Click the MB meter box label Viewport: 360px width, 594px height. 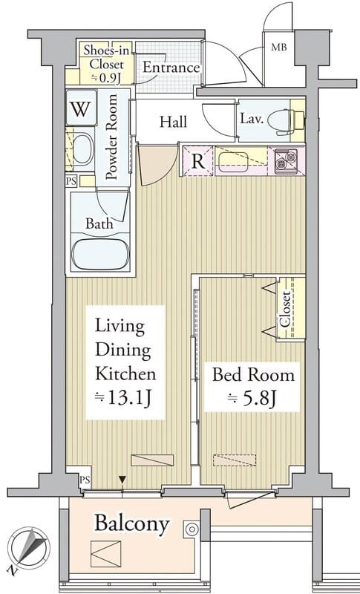(279, 48)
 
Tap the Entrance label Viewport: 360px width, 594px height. (171, 68)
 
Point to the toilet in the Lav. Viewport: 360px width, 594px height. (286, 121)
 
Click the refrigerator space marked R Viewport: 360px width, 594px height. (198, 161)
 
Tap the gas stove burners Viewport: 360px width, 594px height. (286, 160)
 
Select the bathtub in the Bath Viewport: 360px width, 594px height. (100, 253)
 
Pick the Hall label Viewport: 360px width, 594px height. (173, 122)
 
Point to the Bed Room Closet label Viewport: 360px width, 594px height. (286, 309)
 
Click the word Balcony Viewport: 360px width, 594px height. (131, 524)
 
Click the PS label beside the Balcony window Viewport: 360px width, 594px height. (85, 480)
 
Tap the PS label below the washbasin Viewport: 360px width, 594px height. (71, 181)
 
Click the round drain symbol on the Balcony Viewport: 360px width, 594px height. (192, 529)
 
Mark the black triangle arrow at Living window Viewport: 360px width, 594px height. (122, 479)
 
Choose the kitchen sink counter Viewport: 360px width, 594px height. (241, 161)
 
